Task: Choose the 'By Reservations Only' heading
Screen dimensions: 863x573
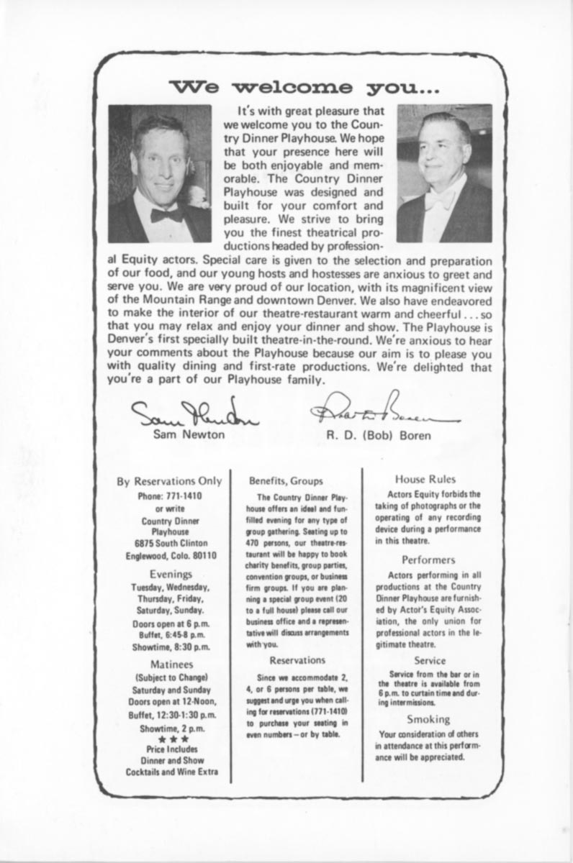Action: click(x=170, y=481)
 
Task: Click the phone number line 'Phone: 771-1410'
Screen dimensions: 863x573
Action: click(x=170, y=496)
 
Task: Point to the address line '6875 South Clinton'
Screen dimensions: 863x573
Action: click(x=170, y=543)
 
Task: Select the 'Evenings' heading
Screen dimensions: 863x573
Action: click(x=171, y=574)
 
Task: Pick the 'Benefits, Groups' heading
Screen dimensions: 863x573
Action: click(x=286, y=480)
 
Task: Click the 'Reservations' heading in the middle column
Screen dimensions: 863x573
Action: click(x=297, y=659)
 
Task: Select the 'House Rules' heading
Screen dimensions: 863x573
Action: click(x=425, y=479)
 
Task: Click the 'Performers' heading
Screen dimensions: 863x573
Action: click(x=428, y=559)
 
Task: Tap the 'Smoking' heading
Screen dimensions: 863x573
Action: click(x=428, y=718)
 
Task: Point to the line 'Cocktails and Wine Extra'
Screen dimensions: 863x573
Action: click(x=171, y=772)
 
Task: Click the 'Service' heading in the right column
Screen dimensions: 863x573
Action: click(x=430, y=660)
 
